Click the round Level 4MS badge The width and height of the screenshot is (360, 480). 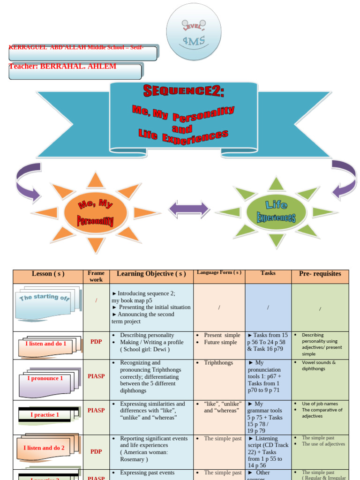pyautogui.click(x=194, y=32)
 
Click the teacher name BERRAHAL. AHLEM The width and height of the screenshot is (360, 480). pyautogui.click(x=63, y=66)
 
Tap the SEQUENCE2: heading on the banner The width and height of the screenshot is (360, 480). pyautogui.click(x=184, y=91)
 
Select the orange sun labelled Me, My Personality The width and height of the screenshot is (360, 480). pyautogui.click(x=96, y=213)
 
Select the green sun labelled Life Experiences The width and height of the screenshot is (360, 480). pyautogui.click(x=276, y=212)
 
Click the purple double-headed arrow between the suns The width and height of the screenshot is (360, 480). pyautogui.click(x=189, y=209)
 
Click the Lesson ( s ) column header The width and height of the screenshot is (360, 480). pyautogui.click(x=48, y=274)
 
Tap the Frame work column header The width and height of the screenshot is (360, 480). pyautogui.click(x=96, y=276)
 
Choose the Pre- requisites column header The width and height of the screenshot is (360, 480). pyautogui.click(x=320, y=274)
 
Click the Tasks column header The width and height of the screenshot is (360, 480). pyautogui.click(x=268, y=273)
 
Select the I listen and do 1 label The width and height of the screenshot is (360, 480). pyautogui.click(x=45, y=344)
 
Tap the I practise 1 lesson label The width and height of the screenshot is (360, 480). pyautogui.click(x=45, y=415)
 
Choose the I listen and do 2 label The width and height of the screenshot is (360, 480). pyautogui.click(x=44, y=448)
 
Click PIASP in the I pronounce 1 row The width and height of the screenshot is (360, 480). pyautogui.click(x=96, y=376)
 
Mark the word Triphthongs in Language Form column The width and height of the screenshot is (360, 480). pyautogui.click(x=219, y=363)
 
